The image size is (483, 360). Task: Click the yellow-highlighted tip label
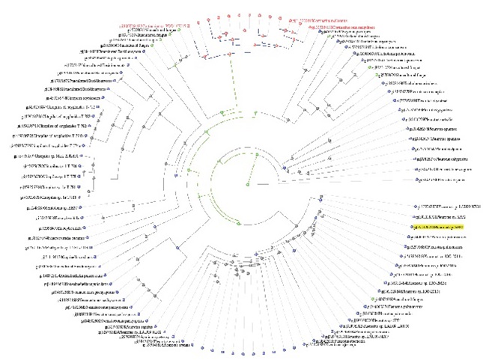coord(439,225)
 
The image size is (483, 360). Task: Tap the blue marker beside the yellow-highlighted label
coord(411,225)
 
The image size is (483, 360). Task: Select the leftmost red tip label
coord(150,25)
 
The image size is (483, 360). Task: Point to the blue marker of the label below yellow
coord(409,235)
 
